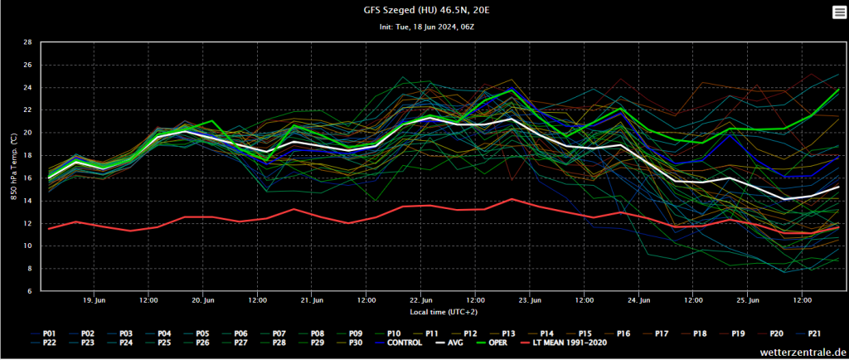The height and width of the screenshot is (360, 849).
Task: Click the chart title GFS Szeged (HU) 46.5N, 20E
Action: click(x=424, y=10)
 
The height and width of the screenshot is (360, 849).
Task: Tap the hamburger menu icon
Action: click(x=838, y=11)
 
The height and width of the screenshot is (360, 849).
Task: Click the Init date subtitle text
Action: click(x=424, y=27)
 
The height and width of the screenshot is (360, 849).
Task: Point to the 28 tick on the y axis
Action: click(x=28, y=41)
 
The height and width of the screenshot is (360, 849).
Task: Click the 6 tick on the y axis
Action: click(x=30, y=291)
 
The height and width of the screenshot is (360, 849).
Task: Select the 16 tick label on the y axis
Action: click(x=28, y=178)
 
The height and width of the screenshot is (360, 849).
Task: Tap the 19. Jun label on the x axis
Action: click(x=95, y=299)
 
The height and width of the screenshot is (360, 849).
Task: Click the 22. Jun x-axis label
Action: click(x=421, y=299)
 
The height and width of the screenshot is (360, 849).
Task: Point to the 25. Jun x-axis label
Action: click(x=748, y=299)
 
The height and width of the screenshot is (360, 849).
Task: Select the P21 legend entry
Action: click(x=814, y=333)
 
